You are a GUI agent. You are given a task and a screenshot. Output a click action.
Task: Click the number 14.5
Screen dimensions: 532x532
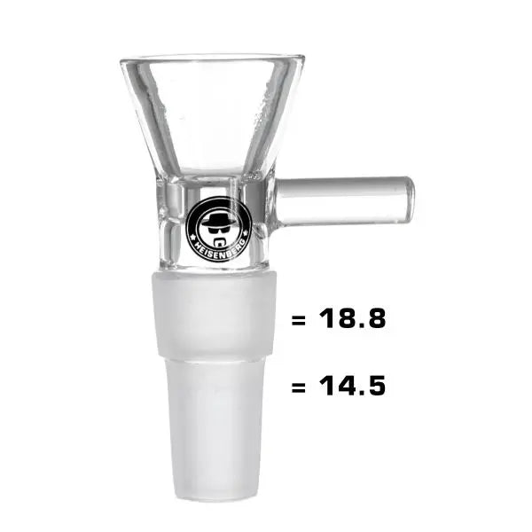point(351,387)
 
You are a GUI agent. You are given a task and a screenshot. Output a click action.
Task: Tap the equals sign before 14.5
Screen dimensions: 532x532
point(298,387)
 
